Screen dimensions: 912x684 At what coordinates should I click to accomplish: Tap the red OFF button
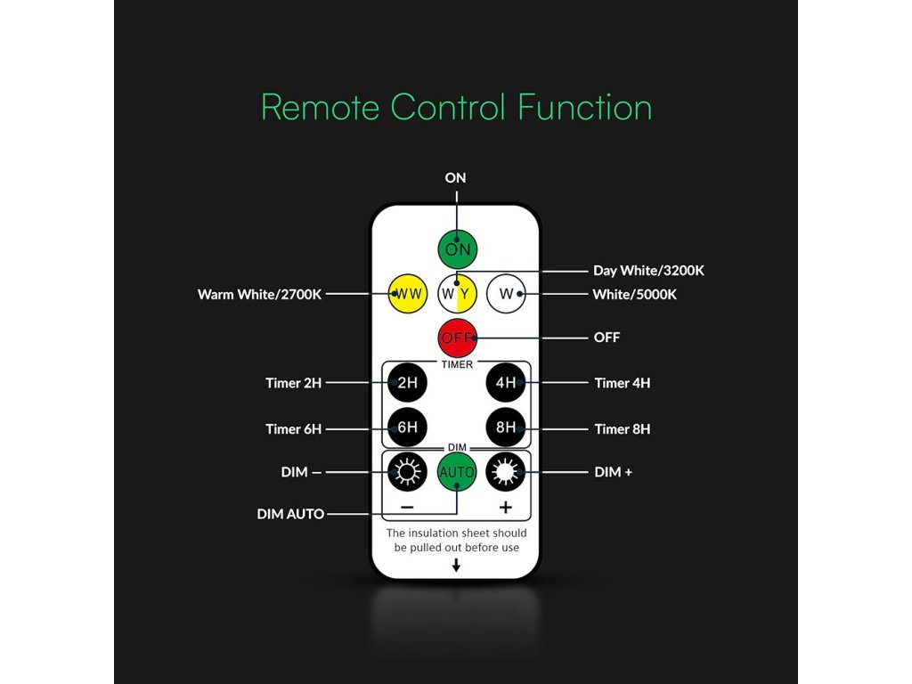click(457, 338)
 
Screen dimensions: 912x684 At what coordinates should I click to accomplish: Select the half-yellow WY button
click(457, 293)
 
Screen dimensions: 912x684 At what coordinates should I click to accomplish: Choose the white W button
click(506, 293)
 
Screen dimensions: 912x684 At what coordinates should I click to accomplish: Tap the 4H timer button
click(506, 383)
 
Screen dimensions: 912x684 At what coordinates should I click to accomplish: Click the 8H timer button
click(506, 427)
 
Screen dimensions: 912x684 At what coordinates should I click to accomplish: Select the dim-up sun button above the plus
click(506, 471)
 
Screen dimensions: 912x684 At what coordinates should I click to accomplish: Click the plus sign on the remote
click(506, 508)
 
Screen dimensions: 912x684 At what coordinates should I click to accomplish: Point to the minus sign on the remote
click(407, 508)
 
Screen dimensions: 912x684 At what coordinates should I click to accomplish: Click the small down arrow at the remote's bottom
click(456, 565)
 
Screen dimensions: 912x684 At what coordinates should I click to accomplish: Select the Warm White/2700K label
click(259, 293)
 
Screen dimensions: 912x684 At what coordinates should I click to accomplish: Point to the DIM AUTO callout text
click(290, 514)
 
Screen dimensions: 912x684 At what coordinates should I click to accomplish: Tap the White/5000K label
click(634, 294)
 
